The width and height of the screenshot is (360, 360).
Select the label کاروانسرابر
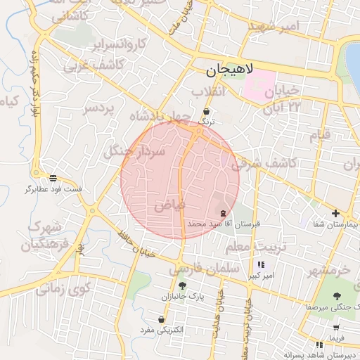(120, 44)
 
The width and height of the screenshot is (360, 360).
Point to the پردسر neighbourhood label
(99, 109)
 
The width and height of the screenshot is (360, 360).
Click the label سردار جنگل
(134, 151)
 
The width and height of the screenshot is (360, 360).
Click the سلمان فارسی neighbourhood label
(195, 267)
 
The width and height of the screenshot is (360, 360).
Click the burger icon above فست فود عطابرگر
(53, 178)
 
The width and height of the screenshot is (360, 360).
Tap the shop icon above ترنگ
(206, 111)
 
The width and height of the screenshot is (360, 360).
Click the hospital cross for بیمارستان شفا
(335, 213)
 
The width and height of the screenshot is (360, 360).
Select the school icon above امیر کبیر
(261, 264)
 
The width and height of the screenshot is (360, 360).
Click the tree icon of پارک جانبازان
(183, 285)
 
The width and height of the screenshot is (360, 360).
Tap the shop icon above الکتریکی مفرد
(162, 319)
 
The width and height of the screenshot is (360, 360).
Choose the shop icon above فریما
(337, 327)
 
